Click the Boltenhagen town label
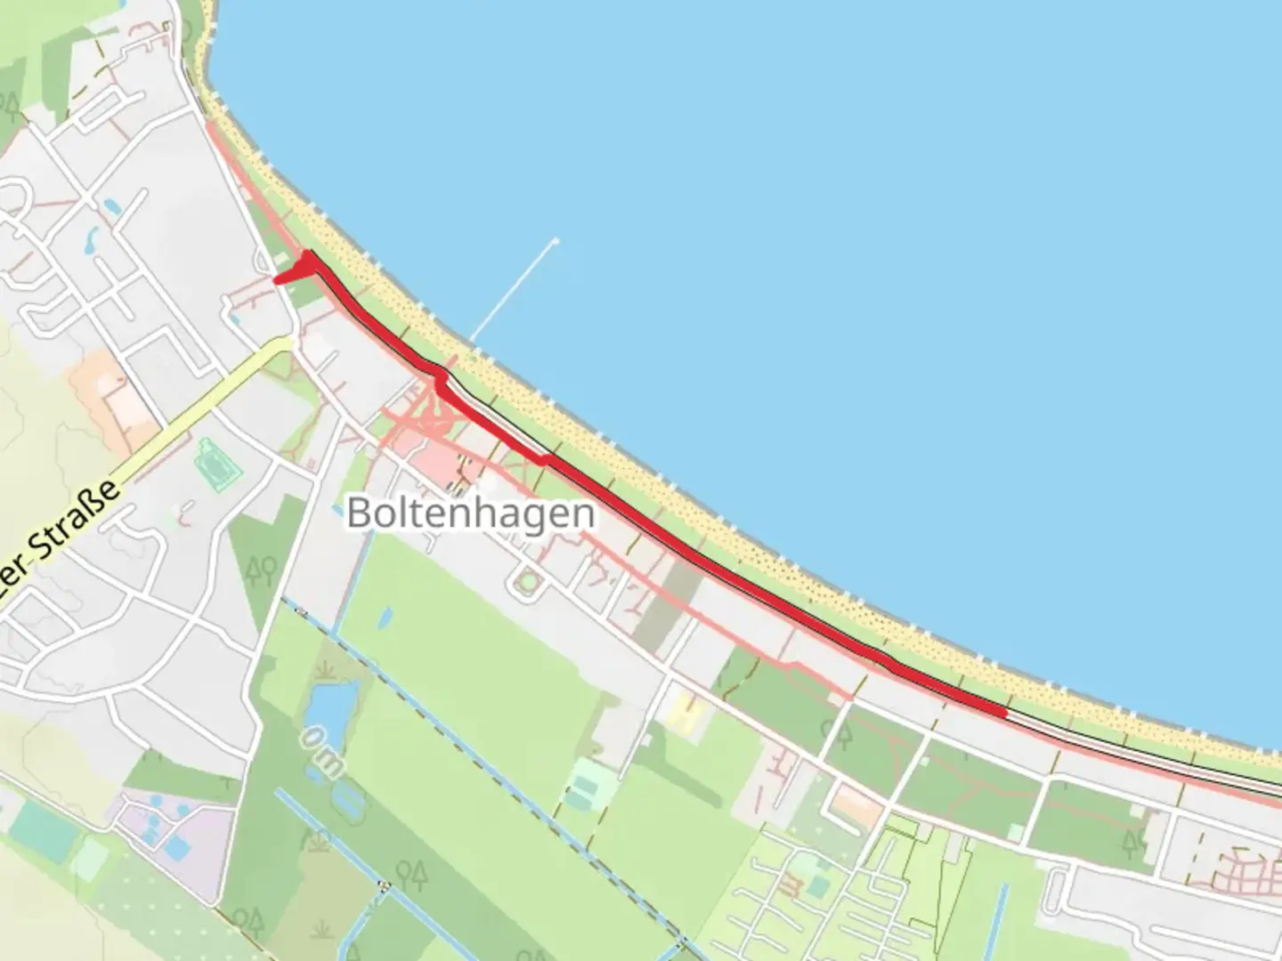pos(470,513)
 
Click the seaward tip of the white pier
pos(556,240)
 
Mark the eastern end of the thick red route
pos(1004,712)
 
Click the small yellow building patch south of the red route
pos(683,712)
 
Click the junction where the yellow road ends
pos(290,341)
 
